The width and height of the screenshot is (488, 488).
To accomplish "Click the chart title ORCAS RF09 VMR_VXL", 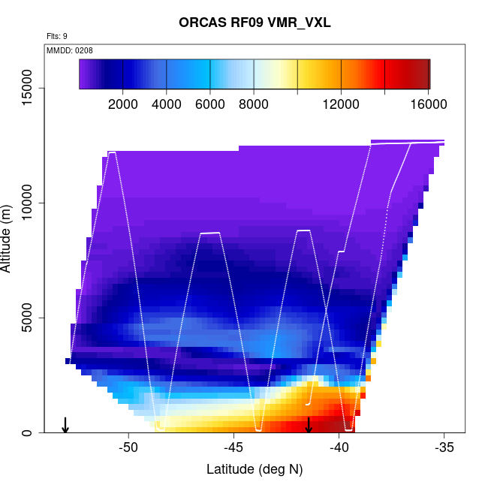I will [x=255, y=23].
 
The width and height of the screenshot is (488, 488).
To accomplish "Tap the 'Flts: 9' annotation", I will [x=56, y=36].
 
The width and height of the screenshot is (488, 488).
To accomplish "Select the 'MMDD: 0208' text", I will [x=70, y=50].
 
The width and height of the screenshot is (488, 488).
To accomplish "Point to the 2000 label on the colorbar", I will [x=123, y=104].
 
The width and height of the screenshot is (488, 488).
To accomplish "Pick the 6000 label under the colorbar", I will [x=210, y=104].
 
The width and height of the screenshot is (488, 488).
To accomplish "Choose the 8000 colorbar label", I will [x=254, y=104].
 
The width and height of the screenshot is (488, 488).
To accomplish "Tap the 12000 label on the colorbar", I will [x=341, y=104].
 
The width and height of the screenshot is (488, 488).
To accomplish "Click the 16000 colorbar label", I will [x=428, y=104].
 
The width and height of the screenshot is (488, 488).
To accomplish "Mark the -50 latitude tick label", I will [x=129, y=448].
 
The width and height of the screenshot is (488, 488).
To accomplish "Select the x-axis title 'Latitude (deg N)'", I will [x=255, y=469].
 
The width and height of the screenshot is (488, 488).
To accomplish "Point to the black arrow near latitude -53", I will [x=65, y=425].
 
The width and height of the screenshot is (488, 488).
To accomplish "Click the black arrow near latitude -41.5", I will [x=309, y=425].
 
